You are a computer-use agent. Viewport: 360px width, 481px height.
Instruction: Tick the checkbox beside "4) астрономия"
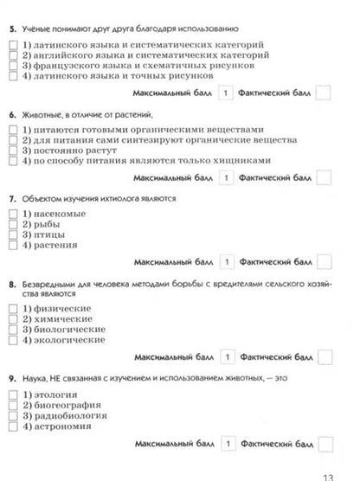(11, 426)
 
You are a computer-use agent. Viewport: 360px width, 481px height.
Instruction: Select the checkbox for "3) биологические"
(11, 330)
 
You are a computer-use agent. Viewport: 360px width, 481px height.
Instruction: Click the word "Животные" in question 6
(42, 113)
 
